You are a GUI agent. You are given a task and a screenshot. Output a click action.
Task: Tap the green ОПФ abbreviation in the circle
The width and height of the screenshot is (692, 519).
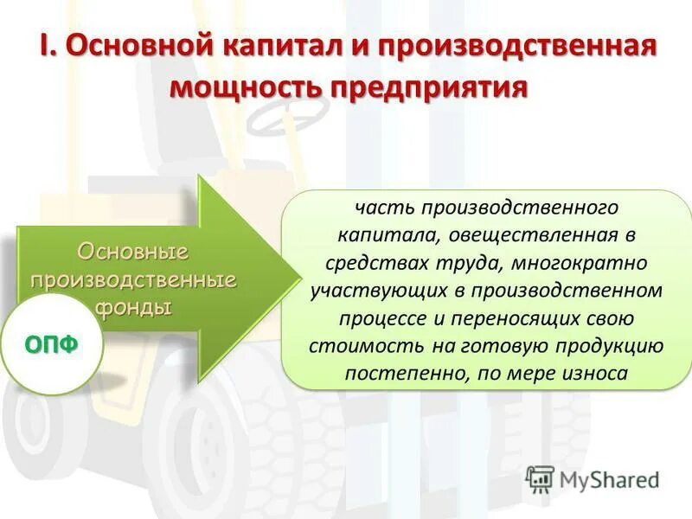click(52, 344)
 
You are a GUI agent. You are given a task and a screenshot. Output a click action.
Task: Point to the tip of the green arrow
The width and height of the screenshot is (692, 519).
click(298, 279)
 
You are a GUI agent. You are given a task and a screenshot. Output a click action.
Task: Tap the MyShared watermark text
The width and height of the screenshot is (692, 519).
click(609, 480)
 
